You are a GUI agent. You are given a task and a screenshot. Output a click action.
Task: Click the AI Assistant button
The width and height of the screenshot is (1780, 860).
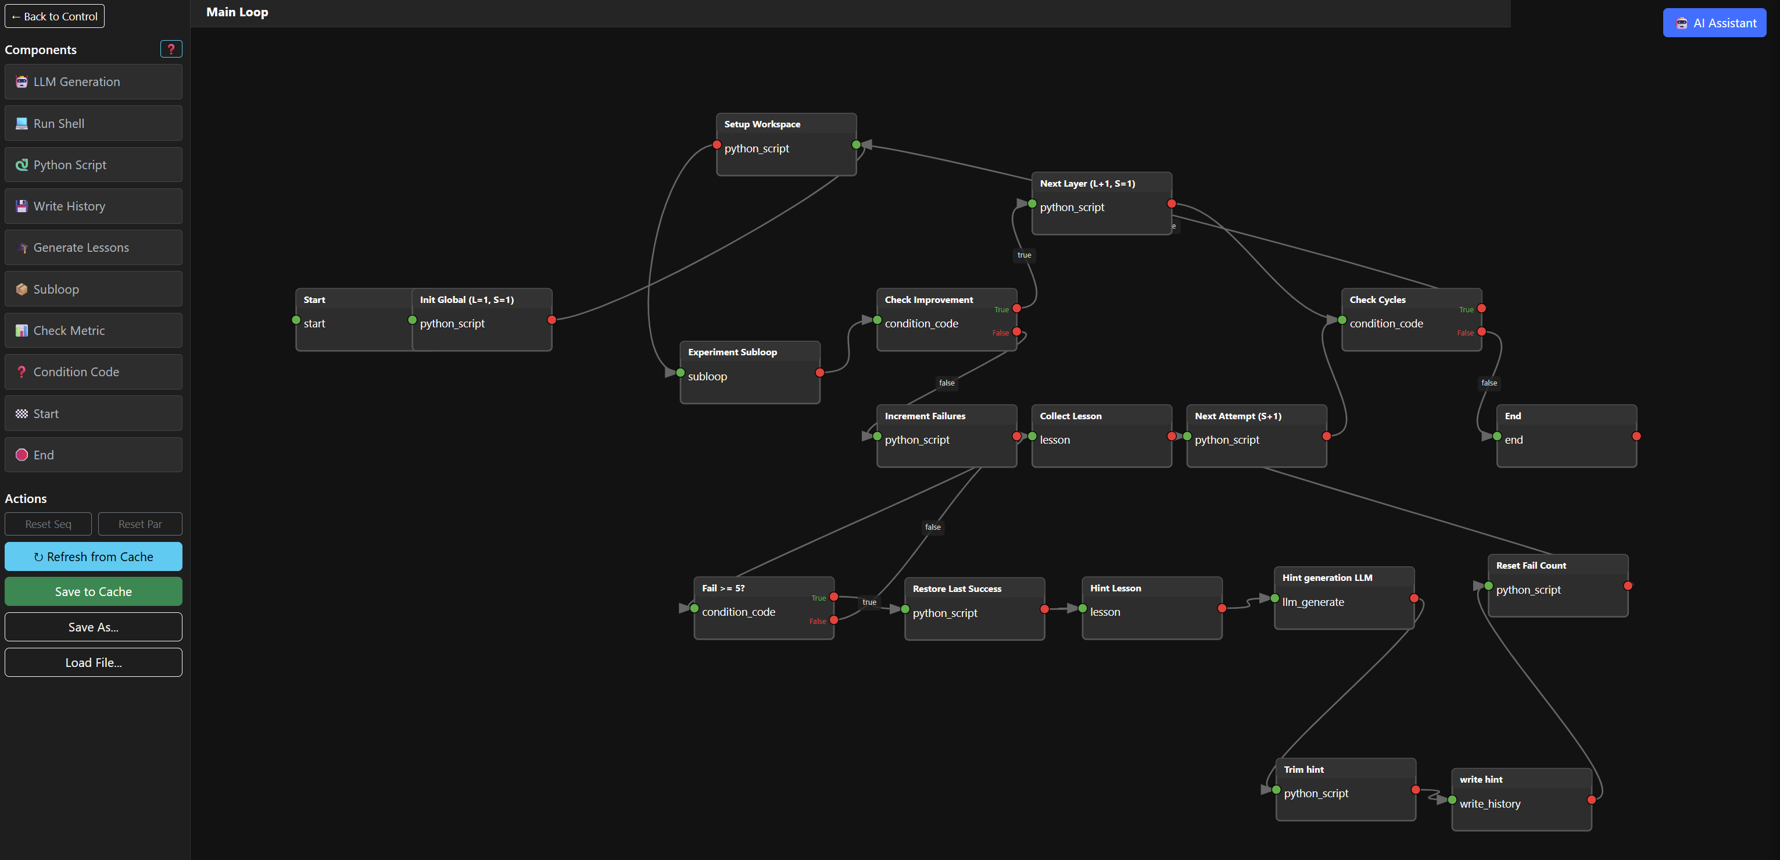point(1714,23)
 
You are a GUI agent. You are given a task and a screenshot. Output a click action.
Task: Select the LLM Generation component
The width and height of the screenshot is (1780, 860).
point(94,81)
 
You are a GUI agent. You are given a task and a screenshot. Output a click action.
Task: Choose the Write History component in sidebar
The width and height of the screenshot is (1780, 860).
point(94,206)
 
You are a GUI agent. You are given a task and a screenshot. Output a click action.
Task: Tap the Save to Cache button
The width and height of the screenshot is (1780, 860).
point(94,592)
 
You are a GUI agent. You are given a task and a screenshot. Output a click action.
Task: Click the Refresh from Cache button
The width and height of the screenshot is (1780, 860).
point(94,556)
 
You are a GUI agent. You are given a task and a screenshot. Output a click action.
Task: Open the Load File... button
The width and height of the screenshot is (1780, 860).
point(94,662)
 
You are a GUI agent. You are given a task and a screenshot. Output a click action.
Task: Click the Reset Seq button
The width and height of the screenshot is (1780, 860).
point(48,524)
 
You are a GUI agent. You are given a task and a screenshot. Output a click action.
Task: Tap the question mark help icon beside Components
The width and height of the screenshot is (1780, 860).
point(171,49)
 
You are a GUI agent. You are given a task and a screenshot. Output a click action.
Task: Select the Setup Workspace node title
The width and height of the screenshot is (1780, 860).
point(762,124)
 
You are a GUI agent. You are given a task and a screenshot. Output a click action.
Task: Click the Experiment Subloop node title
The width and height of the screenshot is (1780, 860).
point(732,352)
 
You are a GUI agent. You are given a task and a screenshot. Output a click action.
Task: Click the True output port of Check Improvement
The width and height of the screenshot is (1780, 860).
point(1016,308)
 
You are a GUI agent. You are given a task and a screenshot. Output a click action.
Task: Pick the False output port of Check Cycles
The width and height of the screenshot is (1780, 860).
point(1481,332)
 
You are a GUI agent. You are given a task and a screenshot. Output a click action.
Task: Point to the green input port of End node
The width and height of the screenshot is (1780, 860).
point(1496,436)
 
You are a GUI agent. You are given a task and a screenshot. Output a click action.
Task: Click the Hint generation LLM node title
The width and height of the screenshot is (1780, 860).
point(1327,577)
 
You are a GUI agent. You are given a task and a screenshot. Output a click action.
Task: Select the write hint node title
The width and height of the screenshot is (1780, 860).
point(1481,779)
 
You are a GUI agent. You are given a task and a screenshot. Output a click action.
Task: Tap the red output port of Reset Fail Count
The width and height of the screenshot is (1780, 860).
point(1628,586)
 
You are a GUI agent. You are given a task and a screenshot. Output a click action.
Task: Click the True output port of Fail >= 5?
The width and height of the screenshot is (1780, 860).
point(834,597)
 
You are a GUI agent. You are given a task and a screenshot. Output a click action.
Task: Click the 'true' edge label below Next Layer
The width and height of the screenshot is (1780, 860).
point(1024,255)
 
